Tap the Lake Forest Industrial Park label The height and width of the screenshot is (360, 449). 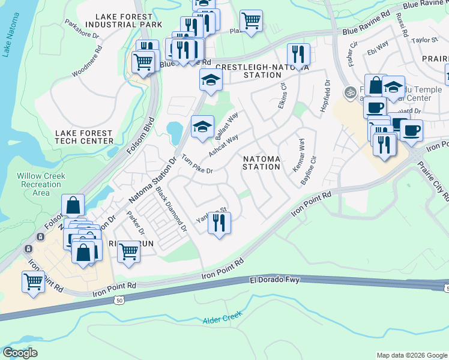(124, 20)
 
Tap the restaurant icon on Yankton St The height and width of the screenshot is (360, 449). (219, 223)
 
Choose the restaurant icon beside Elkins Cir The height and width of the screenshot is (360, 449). (298, 55)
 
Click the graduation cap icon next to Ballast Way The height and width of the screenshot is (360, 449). (202, 126)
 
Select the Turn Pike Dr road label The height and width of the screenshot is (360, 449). (197, 166)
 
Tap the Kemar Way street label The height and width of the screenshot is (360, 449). (298, 156)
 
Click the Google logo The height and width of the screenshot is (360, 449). (20, 353)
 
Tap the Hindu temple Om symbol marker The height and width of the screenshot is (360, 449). (349, 92)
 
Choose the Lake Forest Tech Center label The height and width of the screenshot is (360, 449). (84, 137)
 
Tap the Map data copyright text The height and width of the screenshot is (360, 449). (411, 355)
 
